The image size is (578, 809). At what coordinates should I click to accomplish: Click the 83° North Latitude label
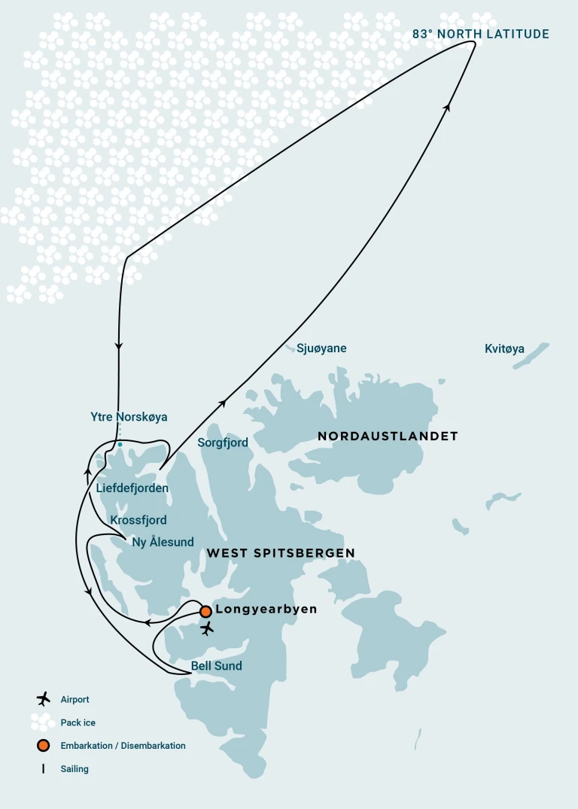point(481,34)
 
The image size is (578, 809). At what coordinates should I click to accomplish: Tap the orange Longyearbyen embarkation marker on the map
point(205,611)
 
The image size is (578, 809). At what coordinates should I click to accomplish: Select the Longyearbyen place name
point(266,609)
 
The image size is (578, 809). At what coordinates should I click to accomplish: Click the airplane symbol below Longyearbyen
point(208,628)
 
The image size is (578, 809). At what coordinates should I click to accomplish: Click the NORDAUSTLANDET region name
point(388,436)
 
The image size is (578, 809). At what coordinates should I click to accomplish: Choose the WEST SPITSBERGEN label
point(281,553)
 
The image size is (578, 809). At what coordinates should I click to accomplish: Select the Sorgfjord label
point(223,443)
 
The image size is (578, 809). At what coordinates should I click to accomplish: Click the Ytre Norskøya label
point(129,416)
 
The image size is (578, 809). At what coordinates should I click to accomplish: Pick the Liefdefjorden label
point(132,488)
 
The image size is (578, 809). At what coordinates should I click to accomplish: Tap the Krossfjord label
point(138,520)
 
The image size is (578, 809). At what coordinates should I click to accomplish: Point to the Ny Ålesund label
point(163,542)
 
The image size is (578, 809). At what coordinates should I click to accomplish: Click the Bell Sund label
point(217,665)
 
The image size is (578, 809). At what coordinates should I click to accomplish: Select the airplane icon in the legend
point(44,699)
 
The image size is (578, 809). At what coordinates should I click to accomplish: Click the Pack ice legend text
point(78,722)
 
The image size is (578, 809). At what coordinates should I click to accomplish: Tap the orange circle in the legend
point(44,746)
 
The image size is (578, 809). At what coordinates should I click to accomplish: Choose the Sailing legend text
point(75,769)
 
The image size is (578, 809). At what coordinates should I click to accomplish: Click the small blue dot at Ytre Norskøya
point(120,445)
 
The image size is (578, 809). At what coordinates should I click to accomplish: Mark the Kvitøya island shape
point(531,355)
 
